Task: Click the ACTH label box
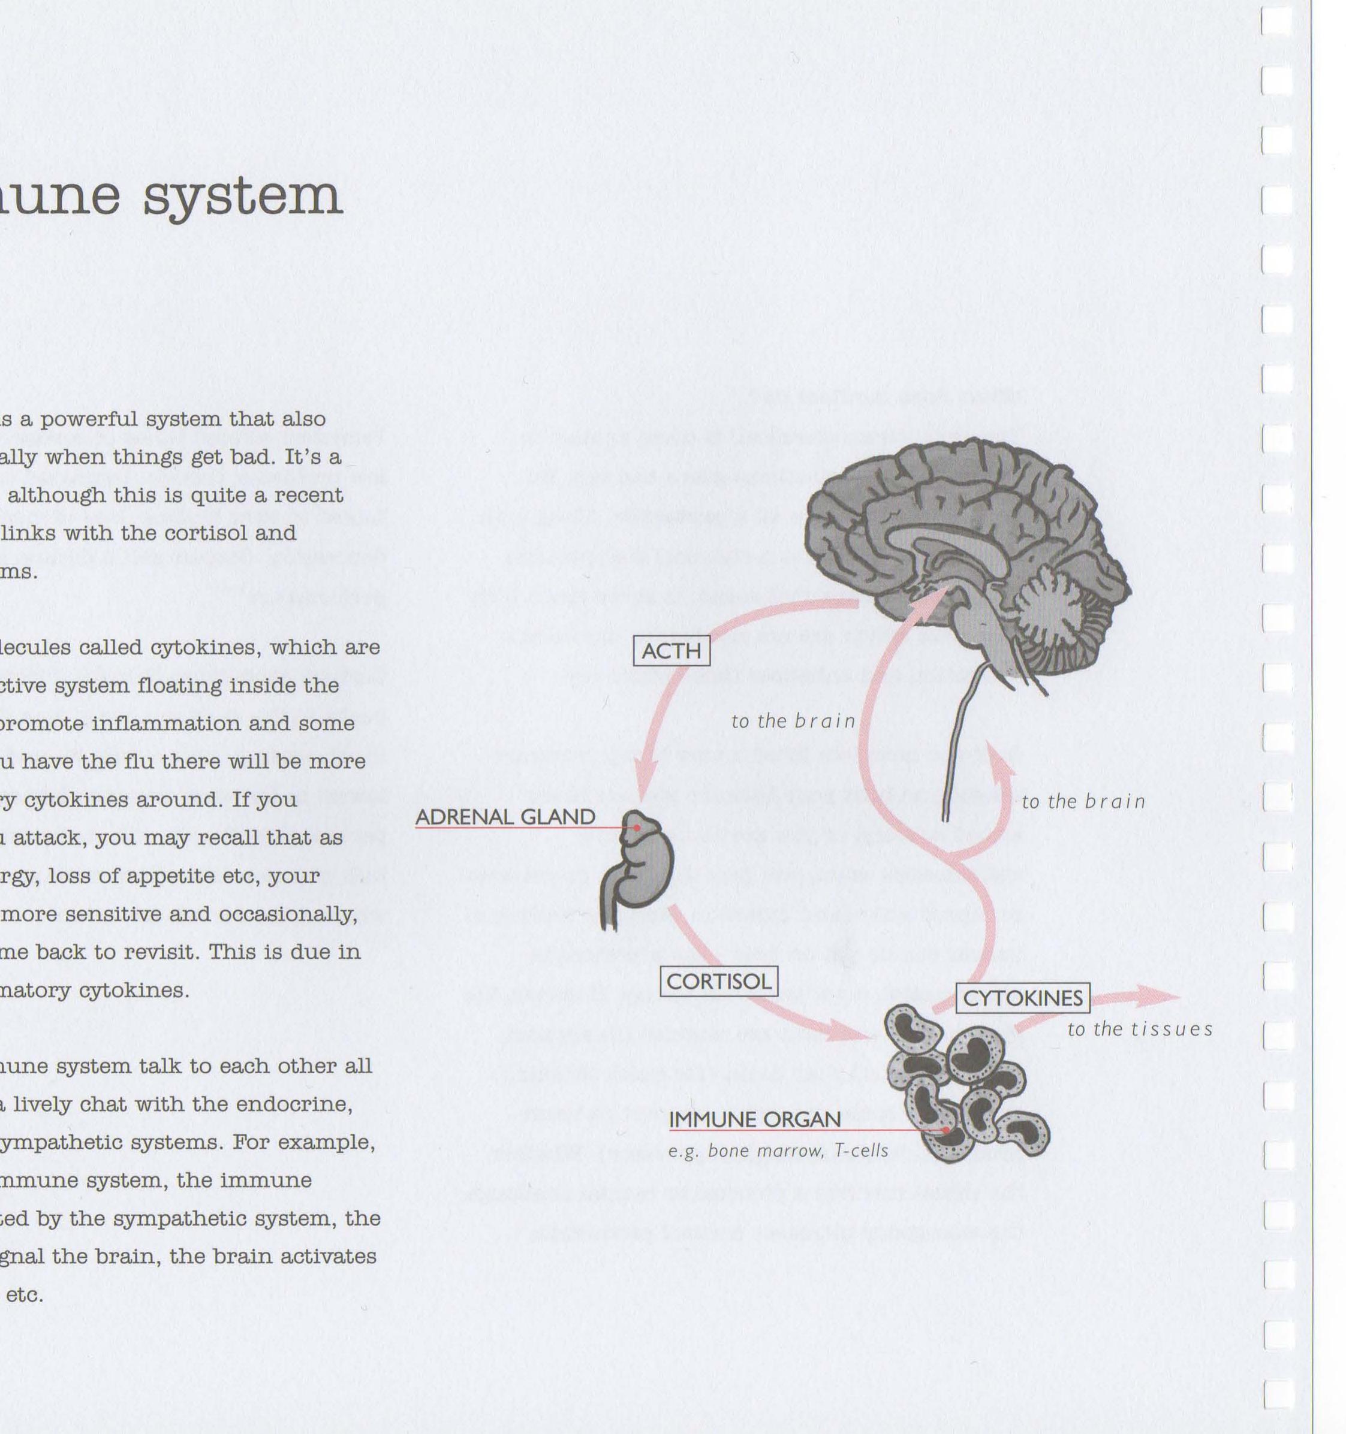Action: coord(671,651)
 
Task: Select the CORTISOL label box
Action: coord(719,982)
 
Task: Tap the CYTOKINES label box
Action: coord(1023,998)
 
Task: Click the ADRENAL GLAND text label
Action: coord(505,817)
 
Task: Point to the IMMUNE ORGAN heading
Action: coord(755,1119)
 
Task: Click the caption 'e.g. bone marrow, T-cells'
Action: coord(778,1151)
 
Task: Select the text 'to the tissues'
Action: coord(1140,1030)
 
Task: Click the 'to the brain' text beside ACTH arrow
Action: coord(793,721)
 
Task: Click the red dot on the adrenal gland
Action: coord(637,828)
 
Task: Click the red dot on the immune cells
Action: coord(946,1130)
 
